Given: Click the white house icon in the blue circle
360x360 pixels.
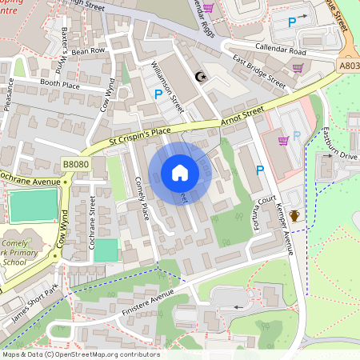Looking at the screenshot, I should pyautogui.click(x=180, y=172).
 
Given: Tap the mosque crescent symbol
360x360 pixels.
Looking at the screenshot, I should pyautogui.click(x=200, y=77).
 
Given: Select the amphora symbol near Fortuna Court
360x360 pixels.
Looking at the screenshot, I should pyautogui.click(x=294, y=215).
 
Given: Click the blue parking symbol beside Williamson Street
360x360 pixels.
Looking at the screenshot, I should pyautogui.click(x=158, y=94).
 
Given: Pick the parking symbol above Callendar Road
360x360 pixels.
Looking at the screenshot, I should pyautogui.click(x=291, y=22).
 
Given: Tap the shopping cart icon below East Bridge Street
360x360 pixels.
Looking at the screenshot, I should pyautogui.click(x=298, y=68).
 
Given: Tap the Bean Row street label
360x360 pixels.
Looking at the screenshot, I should pyautogui.click(x=89, y=50).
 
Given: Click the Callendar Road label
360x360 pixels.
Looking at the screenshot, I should pyautogui.click(x=281, y=50).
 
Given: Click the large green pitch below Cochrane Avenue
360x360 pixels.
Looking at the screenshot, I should pyautogui.click(x=33, y=206).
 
